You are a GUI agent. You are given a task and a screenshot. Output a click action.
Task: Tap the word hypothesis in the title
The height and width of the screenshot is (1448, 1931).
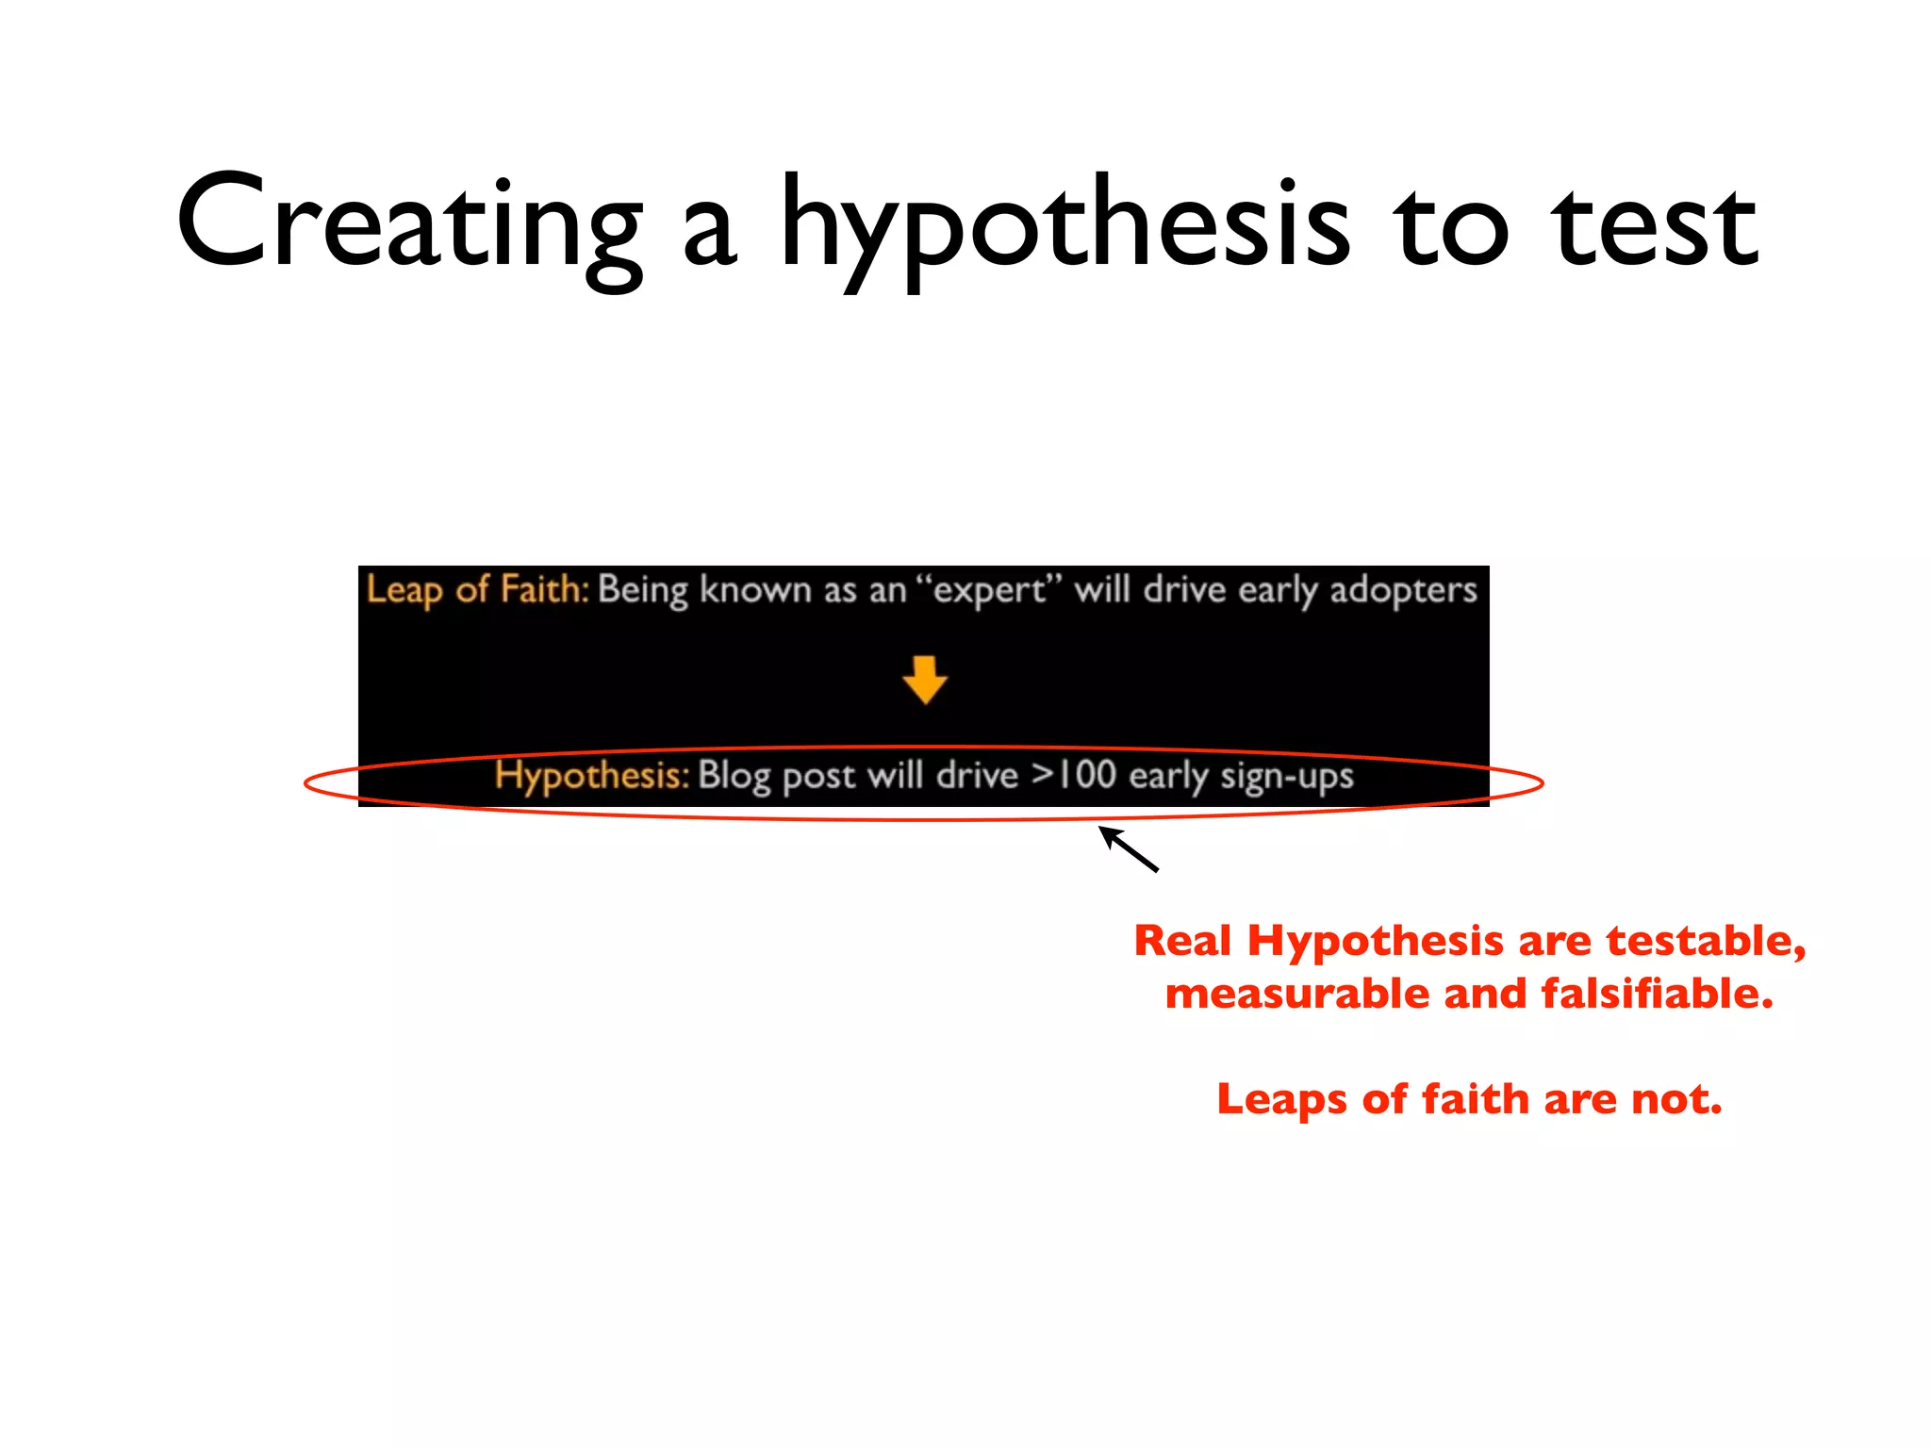(1065, 226)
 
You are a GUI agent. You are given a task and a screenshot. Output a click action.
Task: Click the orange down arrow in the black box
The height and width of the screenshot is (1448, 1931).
(924, 680)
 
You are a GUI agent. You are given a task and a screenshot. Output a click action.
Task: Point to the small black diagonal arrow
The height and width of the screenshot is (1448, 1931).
(1128, 848)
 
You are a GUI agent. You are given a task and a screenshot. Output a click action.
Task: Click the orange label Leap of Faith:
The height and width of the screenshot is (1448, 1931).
(477, 589)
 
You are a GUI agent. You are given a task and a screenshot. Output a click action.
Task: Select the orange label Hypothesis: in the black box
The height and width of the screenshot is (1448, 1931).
(592, 776)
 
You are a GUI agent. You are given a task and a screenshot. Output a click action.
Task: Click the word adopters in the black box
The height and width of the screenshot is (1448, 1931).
(1403, 590)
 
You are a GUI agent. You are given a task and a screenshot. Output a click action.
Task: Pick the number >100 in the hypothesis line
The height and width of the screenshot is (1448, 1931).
(1074, 775)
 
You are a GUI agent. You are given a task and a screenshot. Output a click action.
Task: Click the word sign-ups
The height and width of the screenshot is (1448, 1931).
(1286, 777)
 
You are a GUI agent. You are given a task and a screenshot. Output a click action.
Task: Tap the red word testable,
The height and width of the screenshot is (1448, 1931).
(1706, 941)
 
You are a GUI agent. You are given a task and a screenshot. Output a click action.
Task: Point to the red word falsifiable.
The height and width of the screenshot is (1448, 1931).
(1657, 994)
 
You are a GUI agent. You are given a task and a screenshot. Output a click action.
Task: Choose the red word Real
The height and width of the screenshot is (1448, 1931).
(1182, 941)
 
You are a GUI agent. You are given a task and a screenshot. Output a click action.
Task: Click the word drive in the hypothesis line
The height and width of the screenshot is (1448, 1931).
(977, 776)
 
